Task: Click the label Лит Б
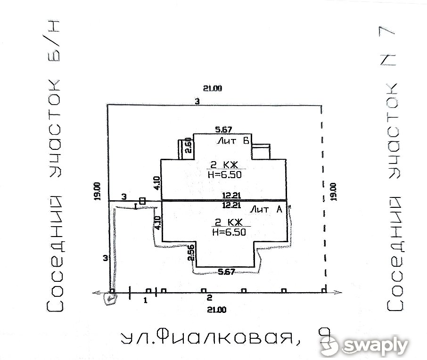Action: point(233,141)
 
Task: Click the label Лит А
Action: point(267,210)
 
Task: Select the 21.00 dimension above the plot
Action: point(212,88)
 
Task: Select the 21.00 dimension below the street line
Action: point(216,310)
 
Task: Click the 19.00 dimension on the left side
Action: point(97,191)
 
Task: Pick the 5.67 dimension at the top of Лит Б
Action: point(223,130)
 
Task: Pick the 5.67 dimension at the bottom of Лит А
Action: point(227,271)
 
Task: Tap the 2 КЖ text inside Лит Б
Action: point(225,165)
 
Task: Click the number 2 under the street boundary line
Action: point(209,298)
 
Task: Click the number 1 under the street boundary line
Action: point(145,300)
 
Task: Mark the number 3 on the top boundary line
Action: point(197,101)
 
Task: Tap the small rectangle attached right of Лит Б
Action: point(261,152)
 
